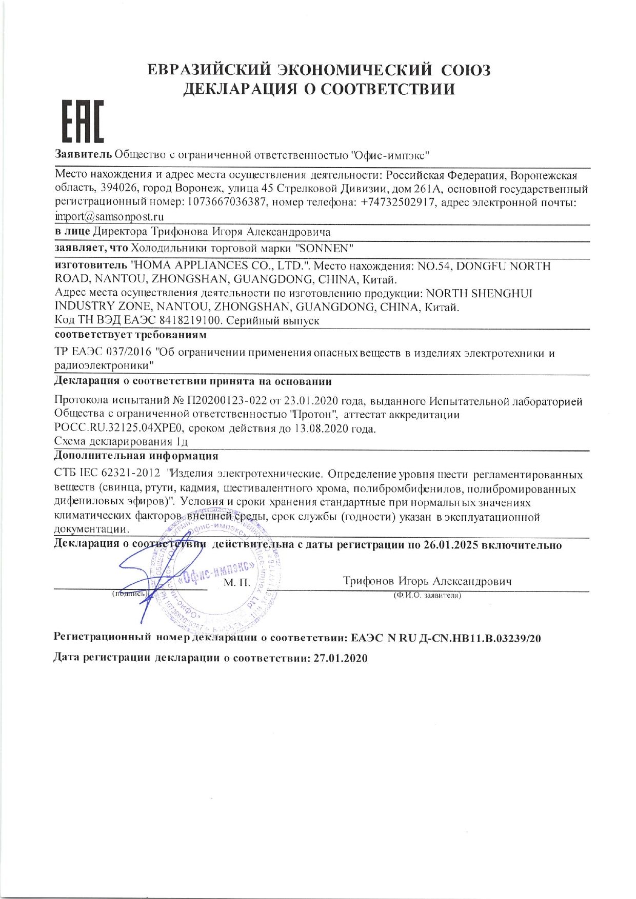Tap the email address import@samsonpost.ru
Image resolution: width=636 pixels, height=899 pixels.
109,216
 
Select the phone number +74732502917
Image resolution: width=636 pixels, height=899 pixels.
398,202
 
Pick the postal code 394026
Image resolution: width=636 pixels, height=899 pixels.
117,189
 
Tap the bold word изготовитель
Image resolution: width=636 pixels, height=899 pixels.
91,266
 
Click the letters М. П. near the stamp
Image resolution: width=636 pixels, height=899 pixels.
236,583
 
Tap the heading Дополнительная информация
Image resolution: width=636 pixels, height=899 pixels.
136,456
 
